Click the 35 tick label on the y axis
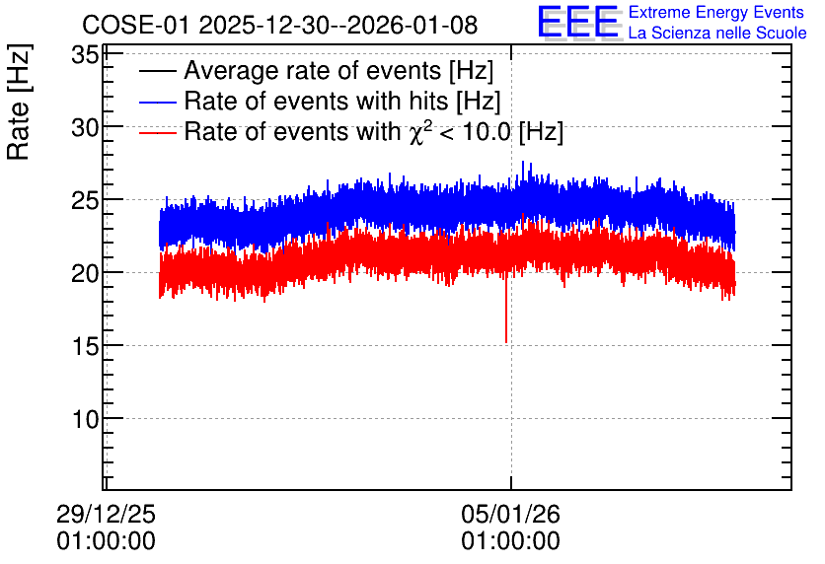(85, 54)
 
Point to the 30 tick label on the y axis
(85, 127)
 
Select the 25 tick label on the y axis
(85, 200)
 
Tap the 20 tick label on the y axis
(85, 273)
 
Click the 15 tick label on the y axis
(85, 346)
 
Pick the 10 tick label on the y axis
(85, 419)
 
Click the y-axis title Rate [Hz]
(19, 102)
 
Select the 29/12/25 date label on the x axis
(106, 514)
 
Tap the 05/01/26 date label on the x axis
(510, 514)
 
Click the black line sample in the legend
(157, 71)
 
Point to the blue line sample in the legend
(157, 102)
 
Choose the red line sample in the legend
(157, 132)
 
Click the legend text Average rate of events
(313, 70)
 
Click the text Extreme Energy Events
(716, 12)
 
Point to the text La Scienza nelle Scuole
(717, 33)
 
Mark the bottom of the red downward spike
(506, 343)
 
